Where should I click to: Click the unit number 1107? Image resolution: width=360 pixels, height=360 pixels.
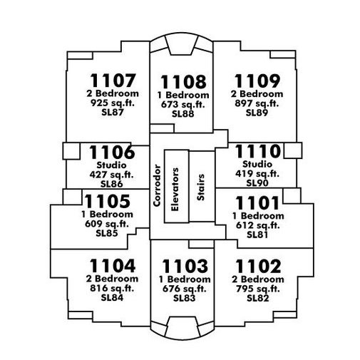(x=113, y=81)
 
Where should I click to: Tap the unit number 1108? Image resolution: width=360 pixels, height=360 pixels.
(x=183, y=82)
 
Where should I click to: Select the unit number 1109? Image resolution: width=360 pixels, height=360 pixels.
(x=257, y=81)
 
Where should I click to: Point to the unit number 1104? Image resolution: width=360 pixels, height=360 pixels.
(x=113, y=266)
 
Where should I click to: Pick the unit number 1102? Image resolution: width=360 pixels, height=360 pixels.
(x=258, y=267)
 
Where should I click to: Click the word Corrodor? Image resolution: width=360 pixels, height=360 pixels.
(x=157, y=185)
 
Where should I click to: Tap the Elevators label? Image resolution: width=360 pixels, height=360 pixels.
(x=175, y=190)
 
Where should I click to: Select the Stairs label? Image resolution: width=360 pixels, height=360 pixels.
(x=200, y=187)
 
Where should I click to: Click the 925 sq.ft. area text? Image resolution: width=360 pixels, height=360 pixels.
(x=113, y=103)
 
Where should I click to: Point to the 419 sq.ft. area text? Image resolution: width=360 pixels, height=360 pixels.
(x=257, y=174)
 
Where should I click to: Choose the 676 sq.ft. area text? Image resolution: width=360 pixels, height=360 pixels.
(x=185, y=289)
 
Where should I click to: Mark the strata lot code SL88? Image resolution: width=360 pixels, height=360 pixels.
(x=183, y=114)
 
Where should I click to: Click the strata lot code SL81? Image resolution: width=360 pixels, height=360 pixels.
(x=257, y=235)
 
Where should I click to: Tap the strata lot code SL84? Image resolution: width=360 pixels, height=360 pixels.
(x=112, y=297)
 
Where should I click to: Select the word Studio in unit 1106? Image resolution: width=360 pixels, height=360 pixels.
(x=111, y=165)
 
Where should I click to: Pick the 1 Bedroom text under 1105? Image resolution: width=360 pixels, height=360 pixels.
(x=107, y=215)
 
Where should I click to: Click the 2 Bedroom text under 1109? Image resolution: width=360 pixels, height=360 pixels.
(x=257, y=94)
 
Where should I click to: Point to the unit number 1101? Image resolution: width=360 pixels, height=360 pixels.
(x=257, y=203)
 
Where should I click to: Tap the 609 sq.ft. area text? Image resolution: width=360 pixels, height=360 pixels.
(x=107, y=224)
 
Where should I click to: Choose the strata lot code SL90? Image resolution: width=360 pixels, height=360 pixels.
(x=257, y=183)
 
